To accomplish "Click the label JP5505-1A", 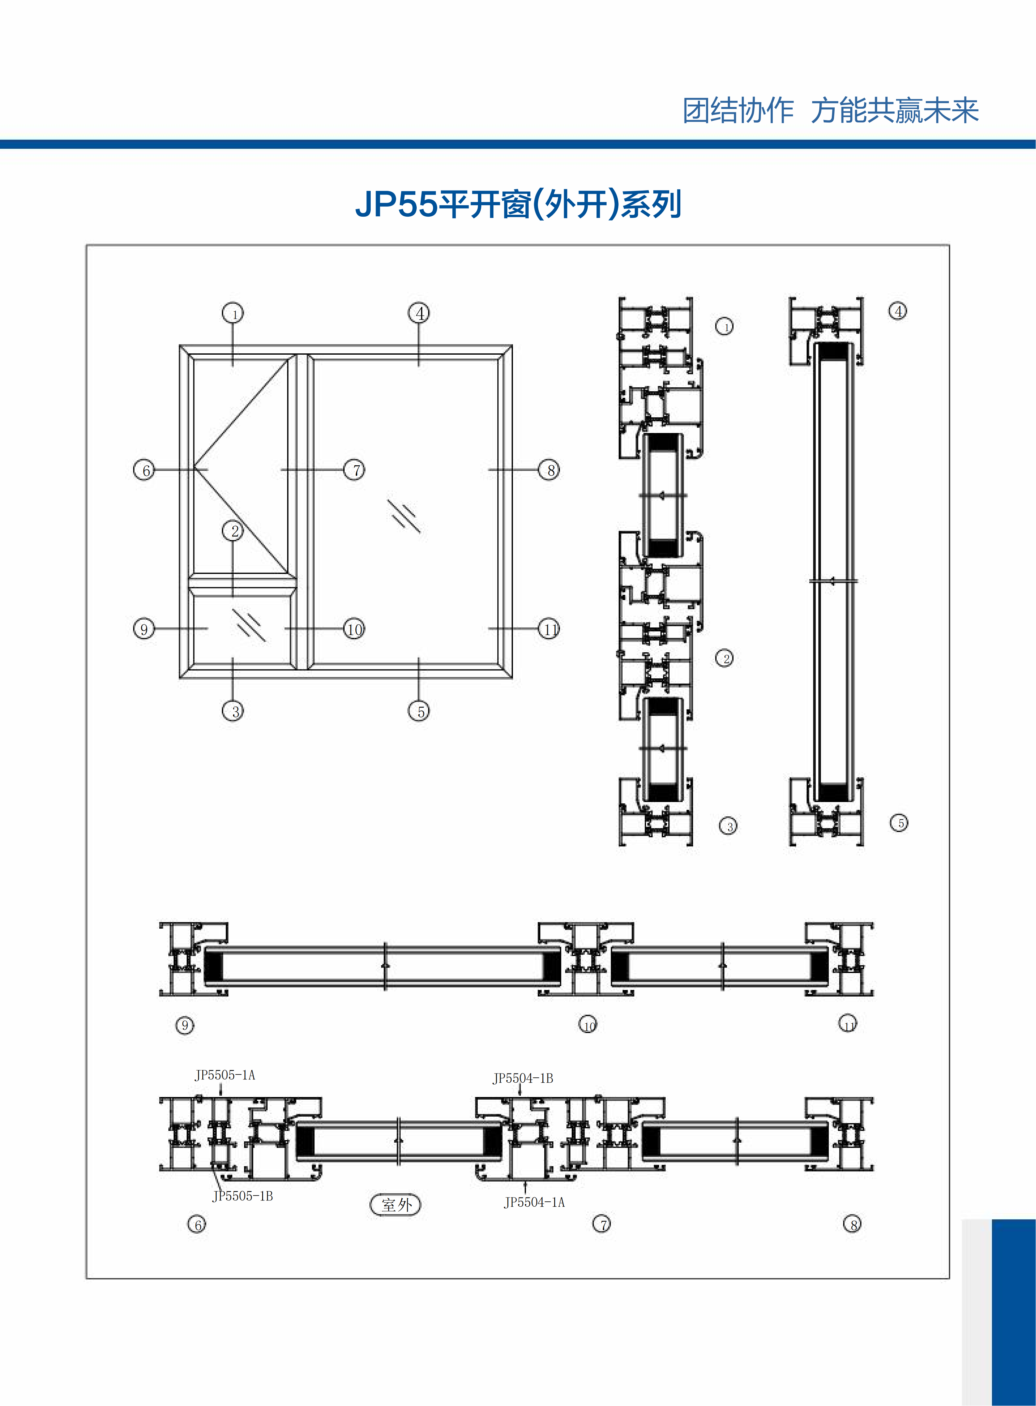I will click(224, 1075).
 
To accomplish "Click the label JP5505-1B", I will click(243, 1196).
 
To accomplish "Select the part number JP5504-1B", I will click(522, 1078).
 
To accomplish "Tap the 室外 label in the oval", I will click(396, 1205).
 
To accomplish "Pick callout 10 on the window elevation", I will click(354, 629).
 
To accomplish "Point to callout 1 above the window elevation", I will click(233, 313).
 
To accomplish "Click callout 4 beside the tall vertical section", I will click(898, 311).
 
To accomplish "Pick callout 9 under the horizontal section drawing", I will click(184, 1025).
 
